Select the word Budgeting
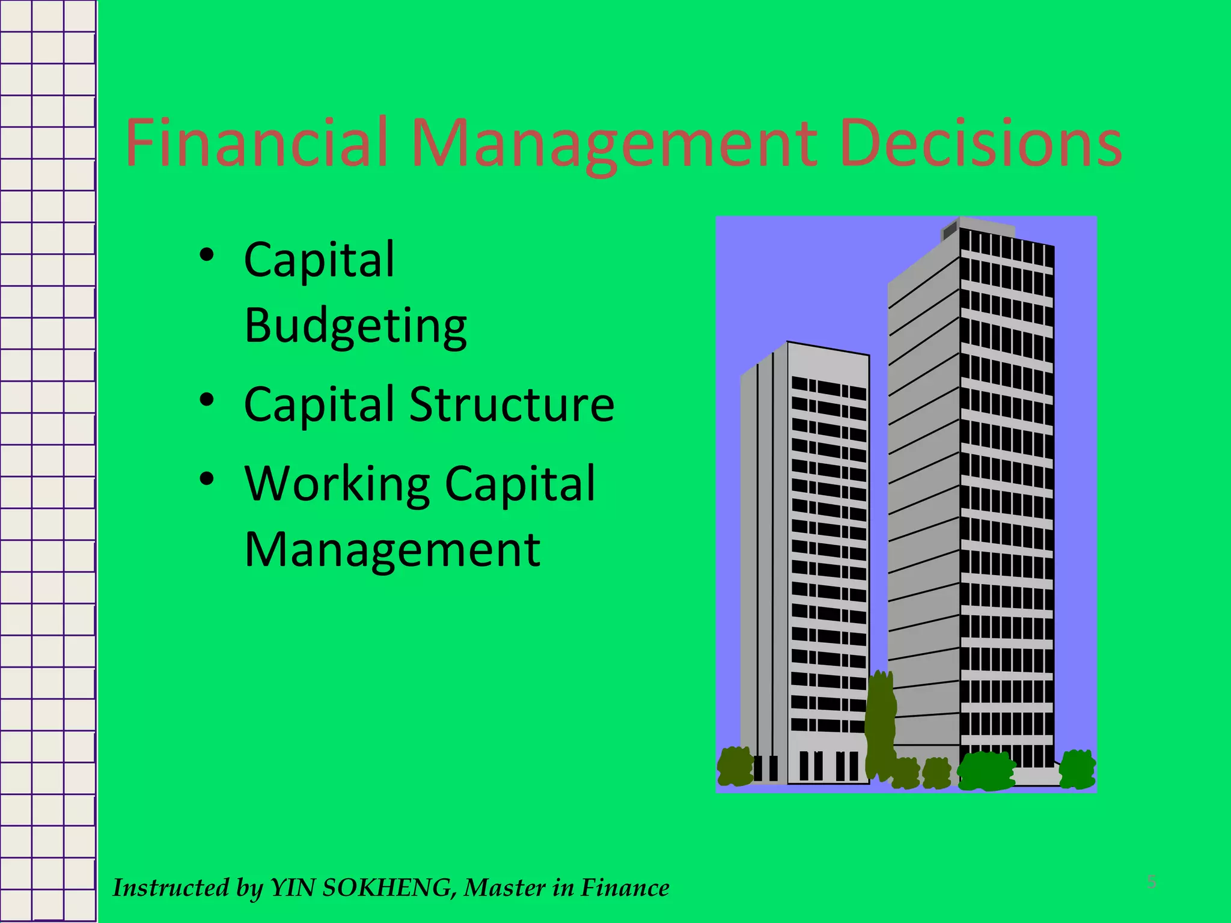click(x=356, y=326)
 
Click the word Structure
click(x=512, y=404)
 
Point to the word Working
click(x=337, y=484)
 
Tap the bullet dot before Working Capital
click(x=207, y=479)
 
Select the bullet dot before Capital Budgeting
click(x=207, y=255)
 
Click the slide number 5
click(x=1152, y=882)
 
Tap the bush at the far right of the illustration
click(x=1077, y=769)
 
